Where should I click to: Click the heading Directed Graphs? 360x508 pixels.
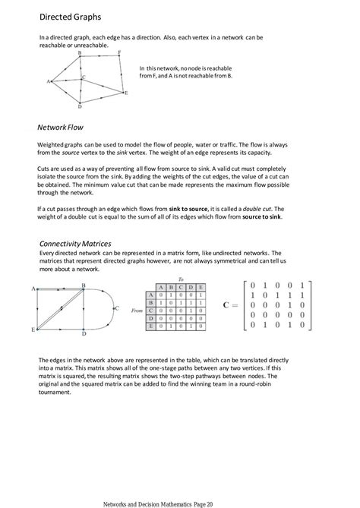coord(70,16)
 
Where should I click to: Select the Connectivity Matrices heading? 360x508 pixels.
coord(75,243)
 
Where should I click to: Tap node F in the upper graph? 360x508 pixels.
coord(118,52)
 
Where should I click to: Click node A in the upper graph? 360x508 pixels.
coord(49,80)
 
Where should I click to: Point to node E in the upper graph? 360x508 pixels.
coord(125,93)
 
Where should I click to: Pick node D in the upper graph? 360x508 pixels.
coord(80,106)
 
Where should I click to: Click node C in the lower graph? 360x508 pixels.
coord(116,308)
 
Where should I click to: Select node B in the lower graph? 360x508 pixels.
coord(83,286)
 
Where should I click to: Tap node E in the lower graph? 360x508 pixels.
coord(33,330)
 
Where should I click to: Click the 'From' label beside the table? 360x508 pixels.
coord(137,310)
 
